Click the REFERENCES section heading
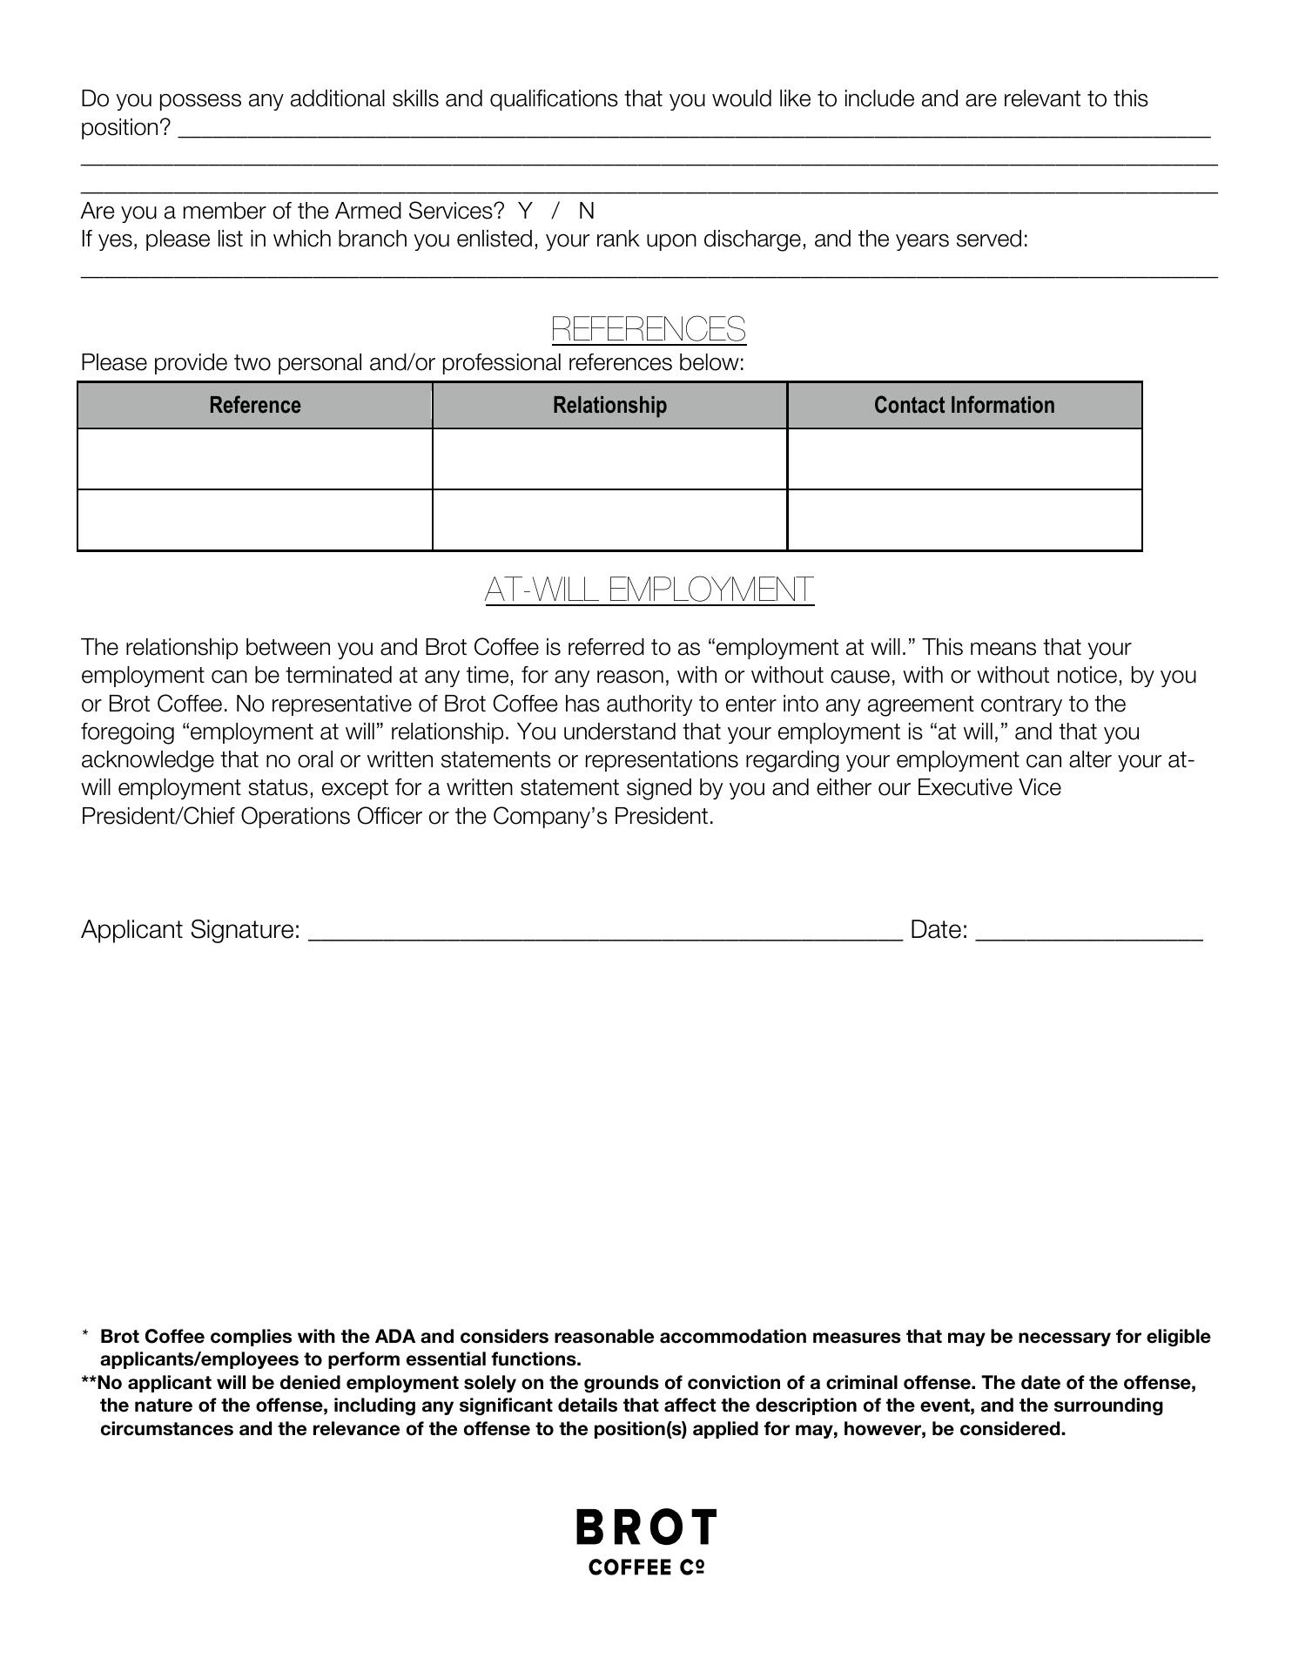649,329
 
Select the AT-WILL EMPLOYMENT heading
649,590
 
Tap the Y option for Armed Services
525,211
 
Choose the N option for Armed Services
587,211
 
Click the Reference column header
255,405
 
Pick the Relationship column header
609,405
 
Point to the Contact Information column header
964,405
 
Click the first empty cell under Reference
255,459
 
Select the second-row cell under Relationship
609,520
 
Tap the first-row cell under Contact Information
964,459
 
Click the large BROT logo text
646,1527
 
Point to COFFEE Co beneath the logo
646,1567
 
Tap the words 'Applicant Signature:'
191,930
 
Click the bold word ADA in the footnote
395,1336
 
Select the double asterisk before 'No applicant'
88,1382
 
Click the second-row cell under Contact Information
964,520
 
